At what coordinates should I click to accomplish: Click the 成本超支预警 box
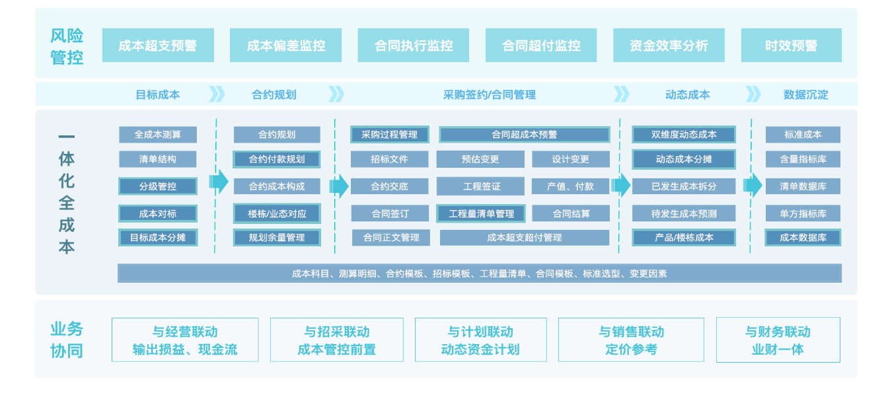point(158,45)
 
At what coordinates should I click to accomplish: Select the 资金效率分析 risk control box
point(669,45)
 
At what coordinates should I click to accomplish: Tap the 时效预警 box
point(791,45)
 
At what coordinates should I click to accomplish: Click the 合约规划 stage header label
point(274,94)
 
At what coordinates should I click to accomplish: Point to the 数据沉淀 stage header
point(805,94)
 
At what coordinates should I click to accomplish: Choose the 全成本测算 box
point(158,135)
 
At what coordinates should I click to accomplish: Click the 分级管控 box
point(158,186)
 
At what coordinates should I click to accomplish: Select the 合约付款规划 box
point(277,159)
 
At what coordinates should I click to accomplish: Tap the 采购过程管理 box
point(389,135)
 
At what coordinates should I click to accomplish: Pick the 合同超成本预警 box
point(524,135)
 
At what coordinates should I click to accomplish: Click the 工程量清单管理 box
point(481,213)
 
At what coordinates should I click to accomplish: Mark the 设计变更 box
point(570,159)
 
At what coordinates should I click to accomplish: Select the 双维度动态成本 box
point(684,135)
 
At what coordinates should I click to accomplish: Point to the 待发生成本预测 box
point(684,213)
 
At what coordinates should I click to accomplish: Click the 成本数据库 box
point(803,237)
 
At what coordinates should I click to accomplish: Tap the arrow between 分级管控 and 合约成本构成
point(219,182)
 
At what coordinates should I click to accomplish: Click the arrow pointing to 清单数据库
point(753,185)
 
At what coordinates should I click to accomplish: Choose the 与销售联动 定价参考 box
point(631,340)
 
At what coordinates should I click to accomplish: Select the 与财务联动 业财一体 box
point(778,340)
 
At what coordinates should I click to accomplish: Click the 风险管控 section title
point(67,46)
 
